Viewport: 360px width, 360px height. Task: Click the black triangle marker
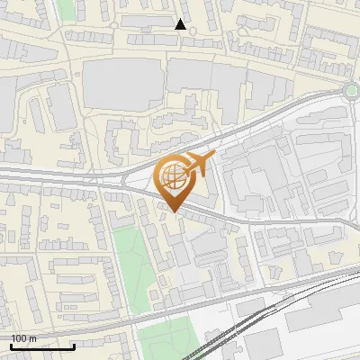(181, 24)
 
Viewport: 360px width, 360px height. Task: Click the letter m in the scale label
(33, 338)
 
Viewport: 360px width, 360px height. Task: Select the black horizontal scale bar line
(43, 346)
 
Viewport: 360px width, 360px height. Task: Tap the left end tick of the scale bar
(12, 345)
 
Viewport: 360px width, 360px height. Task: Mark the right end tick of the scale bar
(74, 345)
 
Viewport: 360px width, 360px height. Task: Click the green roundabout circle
(352, 90)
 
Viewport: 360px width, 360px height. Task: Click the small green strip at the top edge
(65, 11)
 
